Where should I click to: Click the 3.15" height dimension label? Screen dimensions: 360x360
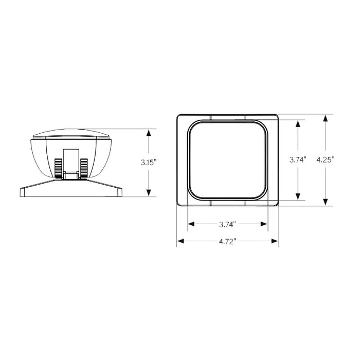click(x=149, y=162)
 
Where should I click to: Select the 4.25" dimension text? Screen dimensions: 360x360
click(x=325, y=159)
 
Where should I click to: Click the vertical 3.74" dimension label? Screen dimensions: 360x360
click(x=298, y=159)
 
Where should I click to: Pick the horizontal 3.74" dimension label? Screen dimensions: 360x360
click(x=227, y=224)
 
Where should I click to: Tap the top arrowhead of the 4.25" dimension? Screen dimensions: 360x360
click(x=325, y=118)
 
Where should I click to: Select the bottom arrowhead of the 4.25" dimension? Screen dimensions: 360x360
click(x=325, y=202)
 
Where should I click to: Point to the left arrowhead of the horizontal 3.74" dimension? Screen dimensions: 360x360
click(x=190, y=224)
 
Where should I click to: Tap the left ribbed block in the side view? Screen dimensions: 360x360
click(x=59, y=168)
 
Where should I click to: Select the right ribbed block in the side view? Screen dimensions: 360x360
click(x=84, y=168)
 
